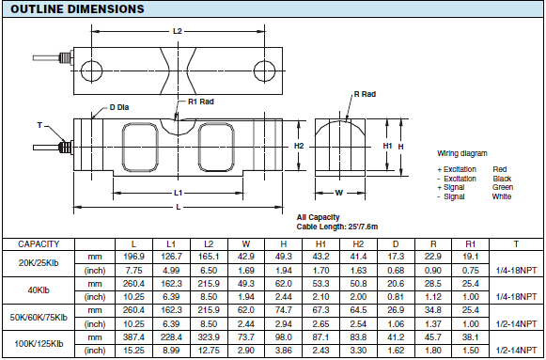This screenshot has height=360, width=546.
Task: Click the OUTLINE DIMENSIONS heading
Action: (77, 8)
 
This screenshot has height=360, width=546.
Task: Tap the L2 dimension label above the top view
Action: (178, 31)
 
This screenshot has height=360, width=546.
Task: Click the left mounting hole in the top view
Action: (91, 71)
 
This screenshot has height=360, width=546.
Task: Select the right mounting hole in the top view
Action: (265, 71)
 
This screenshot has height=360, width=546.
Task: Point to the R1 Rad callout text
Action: (201, 102)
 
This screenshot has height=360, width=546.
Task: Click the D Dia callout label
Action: (119, 107)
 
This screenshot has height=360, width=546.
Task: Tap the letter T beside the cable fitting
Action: (39, 125)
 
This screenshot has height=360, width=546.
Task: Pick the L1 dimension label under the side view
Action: (178, 193)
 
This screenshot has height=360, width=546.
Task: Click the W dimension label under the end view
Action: (339, 193)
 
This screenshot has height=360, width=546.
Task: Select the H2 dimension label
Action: (299, 146)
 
